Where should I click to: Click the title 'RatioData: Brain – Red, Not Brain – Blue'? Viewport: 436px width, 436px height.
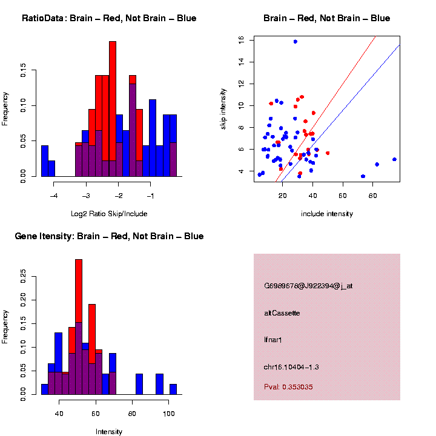(109, 18)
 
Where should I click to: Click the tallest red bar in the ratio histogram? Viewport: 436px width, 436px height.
(113, 91)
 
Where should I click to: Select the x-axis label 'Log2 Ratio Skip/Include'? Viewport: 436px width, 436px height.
(108, 213)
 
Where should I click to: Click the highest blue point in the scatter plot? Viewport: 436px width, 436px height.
(295, 41)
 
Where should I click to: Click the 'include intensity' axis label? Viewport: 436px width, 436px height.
(326, 213)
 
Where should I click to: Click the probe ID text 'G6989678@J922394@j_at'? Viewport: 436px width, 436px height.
(308, 286)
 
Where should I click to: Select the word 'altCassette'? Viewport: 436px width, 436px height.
(282, 313)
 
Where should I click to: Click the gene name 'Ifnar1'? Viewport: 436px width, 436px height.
(273, 340)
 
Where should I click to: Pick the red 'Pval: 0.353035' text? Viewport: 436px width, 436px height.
(288, 386)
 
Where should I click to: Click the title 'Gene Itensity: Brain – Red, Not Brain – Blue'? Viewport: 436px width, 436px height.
(109, 236)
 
